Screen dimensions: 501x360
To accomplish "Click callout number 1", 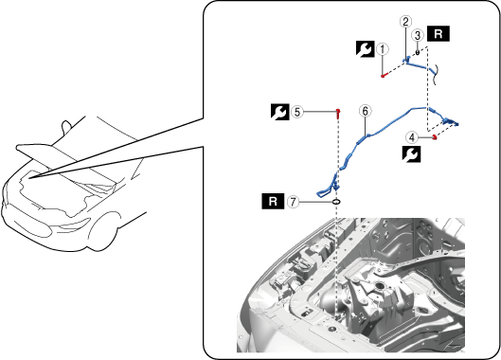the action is pyautogui.click(x=383, y=49).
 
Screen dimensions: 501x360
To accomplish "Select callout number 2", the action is pyautogui.click(x=405, y=22).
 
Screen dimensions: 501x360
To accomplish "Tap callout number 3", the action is pyautogui.click(x=418, y=35).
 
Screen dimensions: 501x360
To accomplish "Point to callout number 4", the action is pyautogui.click(x=412, y=137).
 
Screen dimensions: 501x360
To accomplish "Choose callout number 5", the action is pyautogui.click(x=297, y=112).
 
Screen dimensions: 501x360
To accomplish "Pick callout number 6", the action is pyautogui.click(x=365, y=111).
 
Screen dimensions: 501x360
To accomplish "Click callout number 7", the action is pyautogui.click(x=293, y=202).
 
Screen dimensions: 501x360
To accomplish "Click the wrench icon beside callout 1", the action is pyautogui.click(x=366, y=49).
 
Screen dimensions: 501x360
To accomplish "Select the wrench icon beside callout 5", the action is pyautogui.click(x=280, y=112).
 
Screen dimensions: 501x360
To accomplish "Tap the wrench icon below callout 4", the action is pyautogui.click(x=412, y=154).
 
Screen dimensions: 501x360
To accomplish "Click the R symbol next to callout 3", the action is pyautogui.click(x=438, y=33).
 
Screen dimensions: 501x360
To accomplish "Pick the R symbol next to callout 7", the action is pyautogui.click(x=273, y=202).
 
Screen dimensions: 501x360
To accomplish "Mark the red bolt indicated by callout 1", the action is pyautogui.click(x=384, y=76).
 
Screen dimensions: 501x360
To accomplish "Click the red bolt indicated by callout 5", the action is pyautogui.click(x=338, y=113).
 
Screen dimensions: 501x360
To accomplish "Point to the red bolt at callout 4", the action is pyautogui.click(x=434, y=137).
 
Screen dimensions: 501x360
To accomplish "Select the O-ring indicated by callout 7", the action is pyautogui.click(x=336, y=202).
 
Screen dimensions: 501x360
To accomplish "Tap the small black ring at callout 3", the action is pyautogui.click(x=418, y=52).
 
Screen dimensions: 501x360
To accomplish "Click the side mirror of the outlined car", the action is pyautogui.click(x=66, y=126).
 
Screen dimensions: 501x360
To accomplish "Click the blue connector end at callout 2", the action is pyautogui.click(x=406, y=60).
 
